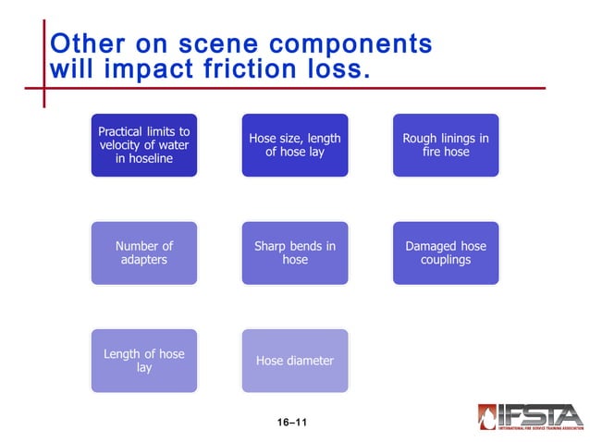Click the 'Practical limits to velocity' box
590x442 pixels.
pos(143,145)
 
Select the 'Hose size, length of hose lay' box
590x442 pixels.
pos(294,145)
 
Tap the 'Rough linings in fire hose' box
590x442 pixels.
pos(445,145)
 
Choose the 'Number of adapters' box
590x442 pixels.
pos(143,252)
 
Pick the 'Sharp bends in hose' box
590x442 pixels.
pos(294,252)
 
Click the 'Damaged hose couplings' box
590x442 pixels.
pos(445,252)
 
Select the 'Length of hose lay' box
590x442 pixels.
pos(143,361)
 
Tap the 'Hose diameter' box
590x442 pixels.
pos(294,361)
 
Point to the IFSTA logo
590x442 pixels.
pos(530,415)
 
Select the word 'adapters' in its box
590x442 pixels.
pos(143,260)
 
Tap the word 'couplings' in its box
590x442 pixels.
pos(445,260)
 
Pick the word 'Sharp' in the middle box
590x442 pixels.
pos(274,246)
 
